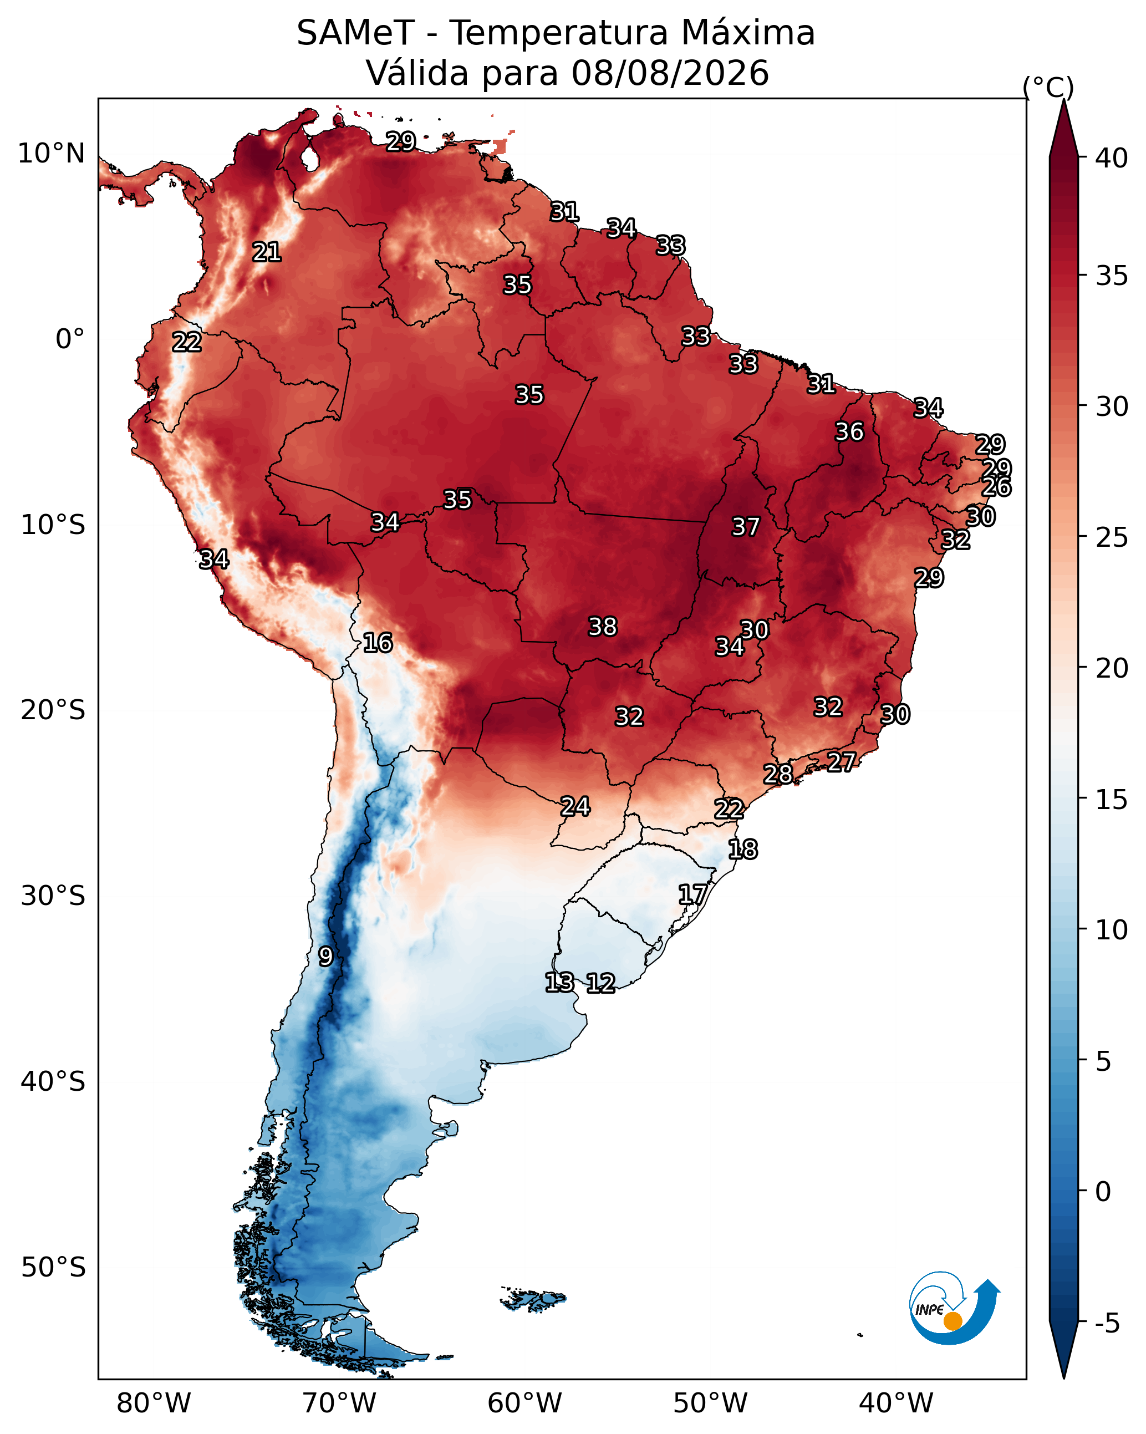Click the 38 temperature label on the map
point(603,627)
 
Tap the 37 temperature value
point(746,527)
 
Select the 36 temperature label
point(849,431)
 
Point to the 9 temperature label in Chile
point(325,957)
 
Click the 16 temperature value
point(378,643)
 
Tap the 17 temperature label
point(692,894)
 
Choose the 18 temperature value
point(742,850)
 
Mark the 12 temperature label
point(600,983)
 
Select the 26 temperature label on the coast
point(996,487)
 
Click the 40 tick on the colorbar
point(1112,158)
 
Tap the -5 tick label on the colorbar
point(1107,1324)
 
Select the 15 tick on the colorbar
point(1112,800)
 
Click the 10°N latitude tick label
point(51,154)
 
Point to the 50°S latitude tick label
point(53,1268)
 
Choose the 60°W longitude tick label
point(525,1403)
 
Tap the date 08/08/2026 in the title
point(670,73)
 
